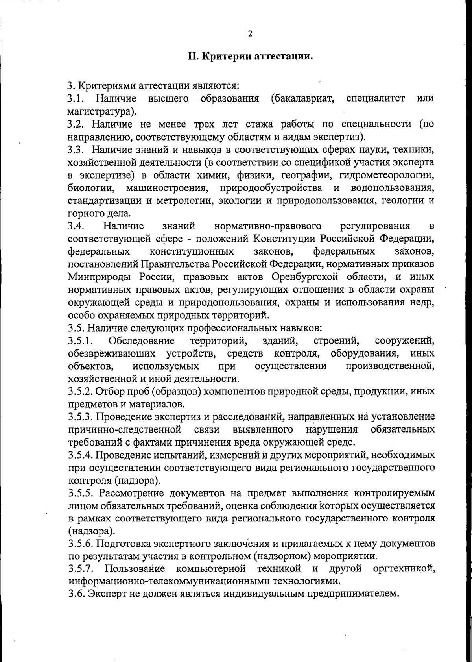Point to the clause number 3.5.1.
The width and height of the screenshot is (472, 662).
(80, 340)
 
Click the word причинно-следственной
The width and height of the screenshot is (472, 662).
(125, 429)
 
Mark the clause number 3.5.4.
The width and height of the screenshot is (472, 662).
(80, 455)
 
